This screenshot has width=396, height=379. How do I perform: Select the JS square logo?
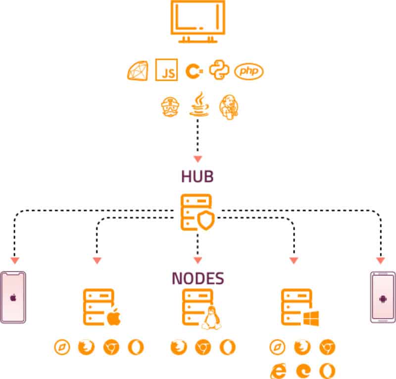tap(167, 71)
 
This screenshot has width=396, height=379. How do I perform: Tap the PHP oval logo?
tap(249, 71)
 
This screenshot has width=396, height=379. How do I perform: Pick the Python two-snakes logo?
tap(218, 70)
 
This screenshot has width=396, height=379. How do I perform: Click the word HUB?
tap(198, 177)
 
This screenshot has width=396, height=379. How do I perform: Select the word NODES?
tap(198, 278)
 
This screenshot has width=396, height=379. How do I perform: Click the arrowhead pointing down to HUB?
tap(198, 159)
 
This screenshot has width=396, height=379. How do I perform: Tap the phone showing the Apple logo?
tap(13, 297)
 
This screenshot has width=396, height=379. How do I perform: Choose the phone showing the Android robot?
tap(383, 297)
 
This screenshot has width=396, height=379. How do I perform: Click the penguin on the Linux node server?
tap(211, 318)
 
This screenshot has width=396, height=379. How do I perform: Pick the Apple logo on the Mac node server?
tap(114, 318)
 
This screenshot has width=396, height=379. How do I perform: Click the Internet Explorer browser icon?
tap(278, 370)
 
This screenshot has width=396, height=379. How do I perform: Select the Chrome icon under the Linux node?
tap(202, 347)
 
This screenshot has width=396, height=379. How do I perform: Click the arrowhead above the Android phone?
tap(381, 260)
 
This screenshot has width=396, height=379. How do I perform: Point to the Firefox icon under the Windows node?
tap(302, 347)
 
